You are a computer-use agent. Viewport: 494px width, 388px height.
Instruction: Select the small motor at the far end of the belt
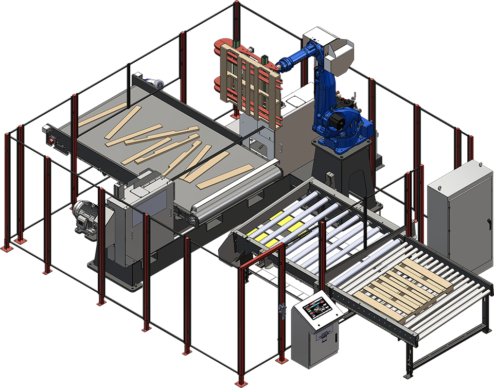coord(153,84)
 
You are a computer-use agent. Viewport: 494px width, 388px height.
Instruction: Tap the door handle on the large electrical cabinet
coord(486,223)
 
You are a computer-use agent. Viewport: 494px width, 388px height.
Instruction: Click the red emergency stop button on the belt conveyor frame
coord(51,139)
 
